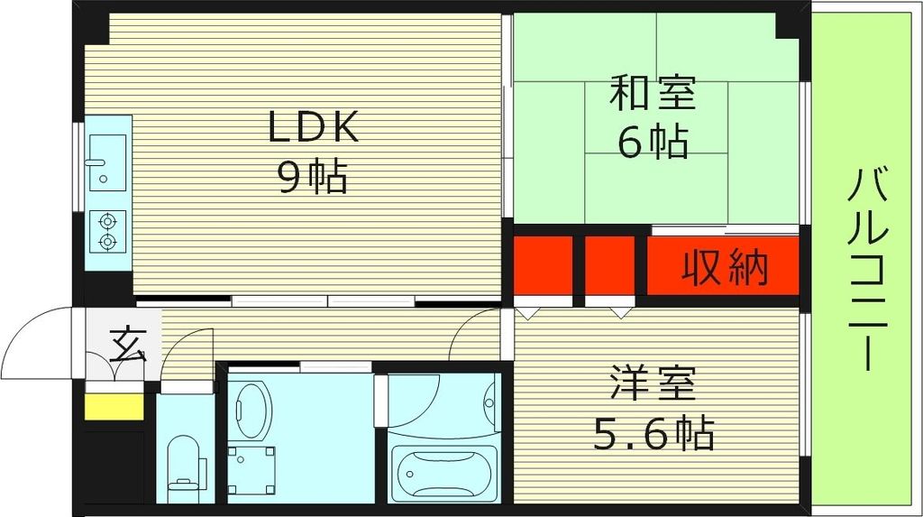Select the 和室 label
click(653, 94)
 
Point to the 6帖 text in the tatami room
click(653, 141)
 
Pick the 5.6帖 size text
click(653, 435)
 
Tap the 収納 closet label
click(724, 267)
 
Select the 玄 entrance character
click(127, 345)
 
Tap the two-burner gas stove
click(109, 231)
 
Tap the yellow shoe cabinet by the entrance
click(114, 405)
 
